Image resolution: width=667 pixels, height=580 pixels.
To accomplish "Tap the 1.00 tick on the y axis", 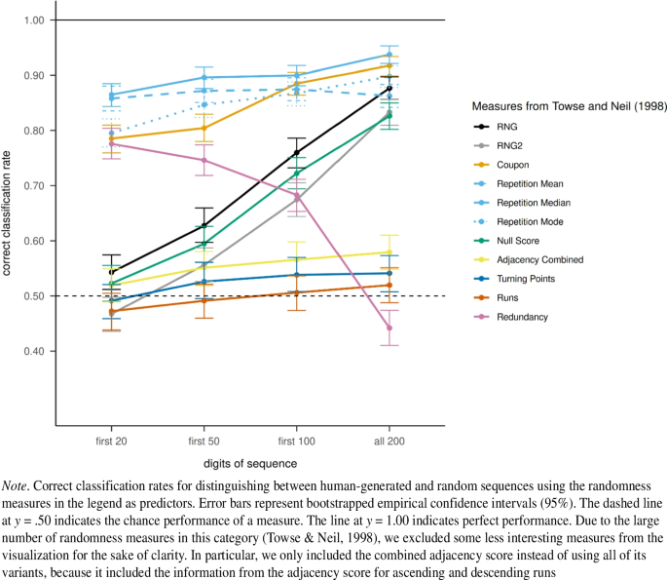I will [36, 19].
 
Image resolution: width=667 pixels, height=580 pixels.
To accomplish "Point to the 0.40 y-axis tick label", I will [36, 351].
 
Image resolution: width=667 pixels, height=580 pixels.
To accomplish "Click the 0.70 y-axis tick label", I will [36, 185].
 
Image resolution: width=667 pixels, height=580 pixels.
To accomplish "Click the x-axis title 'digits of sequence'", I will [250, 465].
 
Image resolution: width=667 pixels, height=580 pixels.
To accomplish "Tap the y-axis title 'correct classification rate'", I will [9, 222].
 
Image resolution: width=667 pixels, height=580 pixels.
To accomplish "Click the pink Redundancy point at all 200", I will [389, 329].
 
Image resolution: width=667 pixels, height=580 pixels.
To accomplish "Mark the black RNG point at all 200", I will [389, 89].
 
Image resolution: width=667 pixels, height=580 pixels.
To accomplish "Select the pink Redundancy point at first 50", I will [204, 160].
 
